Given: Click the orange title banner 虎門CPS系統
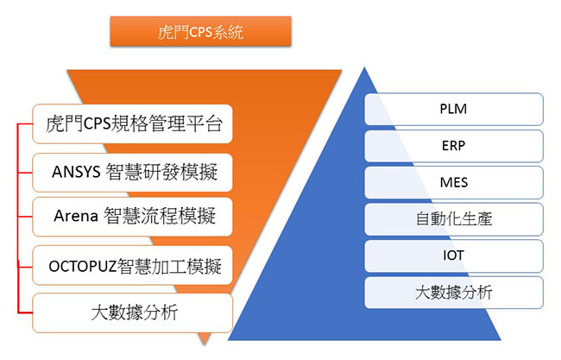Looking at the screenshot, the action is click(201, 31).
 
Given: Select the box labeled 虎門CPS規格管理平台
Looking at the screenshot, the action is click(133, 123).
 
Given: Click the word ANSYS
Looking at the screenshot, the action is click(76, 172).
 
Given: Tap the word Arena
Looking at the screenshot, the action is click(76, 216).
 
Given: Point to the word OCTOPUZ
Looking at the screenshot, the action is click(83, 267).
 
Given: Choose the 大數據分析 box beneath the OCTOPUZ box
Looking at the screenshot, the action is click(133, 313).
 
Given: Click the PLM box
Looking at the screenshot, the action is click(454, 109).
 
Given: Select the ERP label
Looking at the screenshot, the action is click(454, 146).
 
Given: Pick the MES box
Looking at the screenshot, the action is click(454, 182).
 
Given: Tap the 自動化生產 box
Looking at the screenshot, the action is click(454, 219).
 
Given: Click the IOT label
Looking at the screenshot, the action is click(454, 256).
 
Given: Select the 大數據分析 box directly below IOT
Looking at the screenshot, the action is click(454, 293).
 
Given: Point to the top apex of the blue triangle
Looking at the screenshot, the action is click(364, 67).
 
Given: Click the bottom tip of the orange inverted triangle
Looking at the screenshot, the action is click(205, 344).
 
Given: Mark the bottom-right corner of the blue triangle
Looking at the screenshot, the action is click(501, 339).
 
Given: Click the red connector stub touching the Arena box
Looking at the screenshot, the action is click(25, 217).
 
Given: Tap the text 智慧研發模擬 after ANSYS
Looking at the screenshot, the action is click(161, 172).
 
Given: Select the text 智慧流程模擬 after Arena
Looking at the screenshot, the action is click(160, 216).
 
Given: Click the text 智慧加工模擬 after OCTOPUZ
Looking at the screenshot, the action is click(169, 267).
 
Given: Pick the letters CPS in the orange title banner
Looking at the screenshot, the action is click(200, 32).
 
